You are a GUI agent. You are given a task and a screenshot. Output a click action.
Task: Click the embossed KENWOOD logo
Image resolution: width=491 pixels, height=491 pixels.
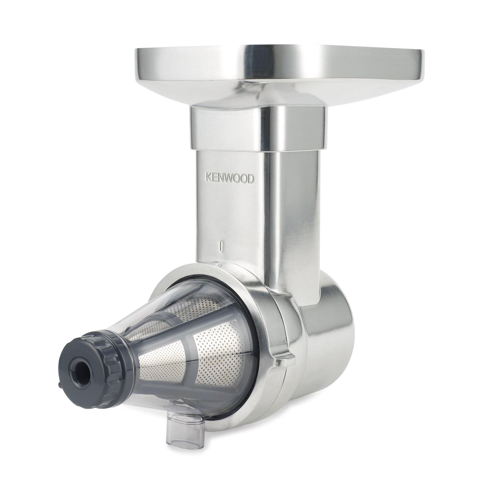(x=230, y=179)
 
